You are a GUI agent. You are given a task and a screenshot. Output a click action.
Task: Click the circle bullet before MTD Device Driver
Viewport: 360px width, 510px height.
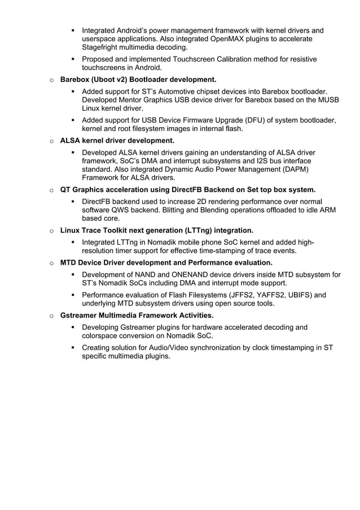coord(51,263)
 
